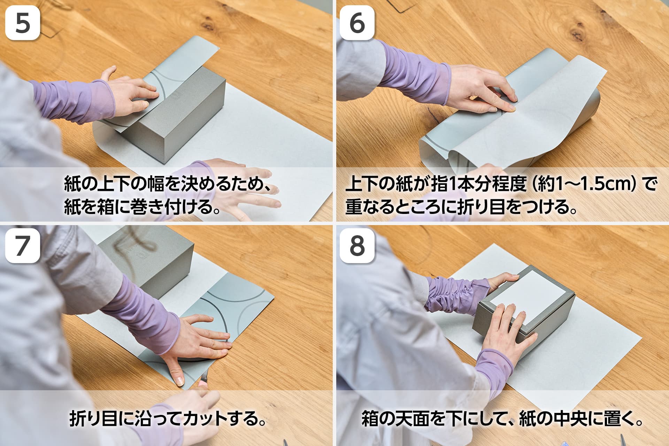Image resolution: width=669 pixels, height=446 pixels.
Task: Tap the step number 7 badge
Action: click(x=23, y=246)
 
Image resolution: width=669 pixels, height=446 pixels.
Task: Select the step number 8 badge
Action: click(x=357, y=246)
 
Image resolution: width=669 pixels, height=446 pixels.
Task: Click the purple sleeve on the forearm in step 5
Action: click(x=75, y=101)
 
